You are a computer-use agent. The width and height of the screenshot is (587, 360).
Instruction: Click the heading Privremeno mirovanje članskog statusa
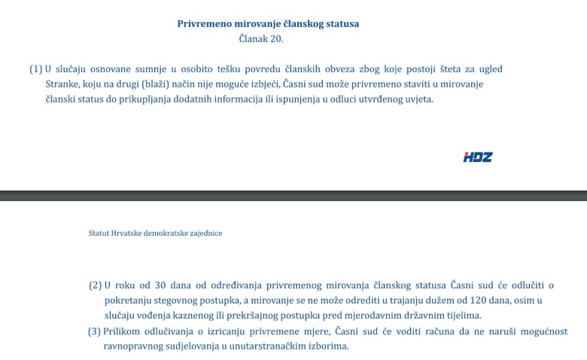[x=268, y=24]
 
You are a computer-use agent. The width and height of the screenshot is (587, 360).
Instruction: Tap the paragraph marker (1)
[x=36, y=69]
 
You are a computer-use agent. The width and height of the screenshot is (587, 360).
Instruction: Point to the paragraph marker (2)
[x=95, y=285]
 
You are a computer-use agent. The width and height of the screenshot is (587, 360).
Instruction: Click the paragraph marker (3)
[x=95, y=331]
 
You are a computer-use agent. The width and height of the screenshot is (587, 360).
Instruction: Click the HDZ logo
[x=478, y=157]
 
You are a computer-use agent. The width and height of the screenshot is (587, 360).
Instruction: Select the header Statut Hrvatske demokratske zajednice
[x=155, y=233]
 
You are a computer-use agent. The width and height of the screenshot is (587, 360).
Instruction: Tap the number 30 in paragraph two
[x=160, y=285]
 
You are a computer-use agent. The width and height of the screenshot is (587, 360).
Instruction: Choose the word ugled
[x=490, y=69]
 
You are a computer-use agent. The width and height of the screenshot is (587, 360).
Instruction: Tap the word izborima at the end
[x=329, y=346]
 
